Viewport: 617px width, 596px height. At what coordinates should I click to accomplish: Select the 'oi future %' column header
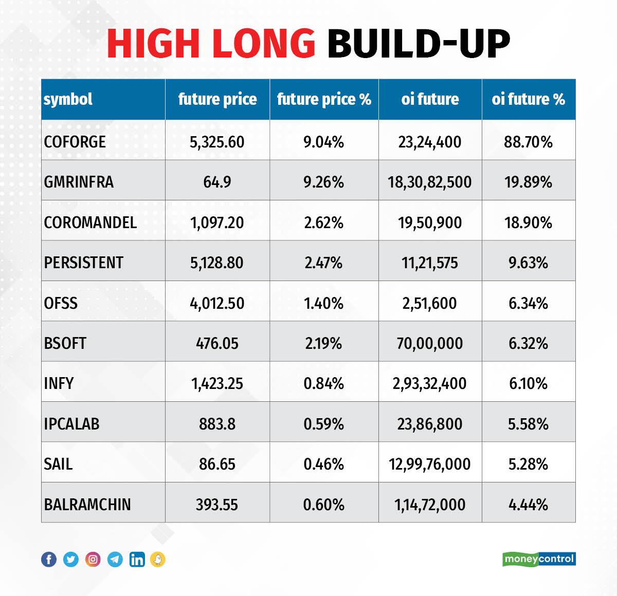tap(528, 99)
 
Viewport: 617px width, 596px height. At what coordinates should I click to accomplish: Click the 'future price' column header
tap(217, 99)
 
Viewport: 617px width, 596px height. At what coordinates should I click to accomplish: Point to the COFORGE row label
tap(75, 142)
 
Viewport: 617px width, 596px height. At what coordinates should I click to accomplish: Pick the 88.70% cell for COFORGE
tap(528, 142)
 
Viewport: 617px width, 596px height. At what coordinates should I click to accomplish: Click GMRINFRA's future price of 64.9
tap(217, 182)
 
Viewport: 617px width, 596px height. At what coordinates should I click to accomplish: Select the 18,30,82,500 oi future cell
tap(429, 182)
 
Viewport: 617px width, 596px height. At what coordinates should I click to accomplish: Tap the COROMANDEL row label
tap(90, 222)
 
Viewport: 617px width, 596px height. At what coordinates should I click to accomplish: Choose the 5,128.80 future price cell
tap(217, 263)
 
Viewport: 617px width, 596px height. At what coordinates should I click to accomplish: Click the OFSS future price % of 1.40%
tap(323, 303)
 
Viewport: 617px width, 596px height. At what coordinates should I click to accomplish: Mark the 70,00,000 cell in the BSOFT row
tap(429, 343)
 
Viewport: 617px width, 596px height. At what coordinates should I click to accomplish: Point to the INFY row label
tap(59, 383)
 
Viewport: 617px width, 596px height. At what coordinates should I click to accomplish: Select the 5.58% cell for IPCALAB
tap(528, 424)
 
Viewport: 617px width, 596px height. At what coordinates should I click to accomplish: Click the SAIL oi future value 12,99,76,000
tap(429, 464)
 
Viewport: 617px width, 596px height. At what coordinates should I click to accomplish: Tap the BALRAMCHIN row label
tap(87, 505)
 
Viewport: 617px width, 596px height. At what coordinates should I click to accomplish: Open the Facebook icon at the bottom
tap(49, 559)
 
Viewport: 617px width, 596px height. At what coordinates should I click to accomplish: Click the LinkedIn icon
tap(137, 559)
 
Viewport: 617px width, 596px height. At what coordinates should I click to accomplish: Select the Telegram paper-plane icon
tap(115, 559)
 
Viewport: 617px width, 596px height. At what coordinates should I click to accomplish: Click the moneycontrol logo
tap(539, 559)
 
